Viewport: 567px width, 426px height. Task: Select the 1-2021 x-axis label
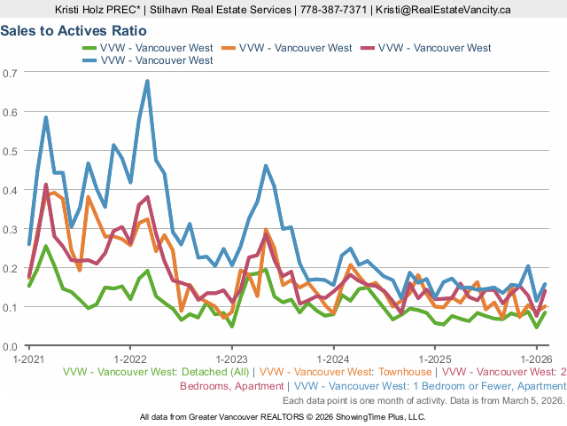coord(29,359)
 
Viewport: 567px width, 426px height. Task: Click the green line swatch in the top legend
coord(89,47)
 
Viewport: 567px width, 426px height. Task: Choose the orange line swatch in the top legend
coord(229,47)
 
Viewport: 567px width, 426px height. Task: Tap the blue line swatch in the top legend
coord(89,60)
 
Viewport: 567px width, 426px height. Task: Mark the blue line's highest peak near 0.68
coord(147,82)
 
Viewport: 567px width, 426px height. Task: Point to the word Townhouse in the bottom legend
coord(400,374)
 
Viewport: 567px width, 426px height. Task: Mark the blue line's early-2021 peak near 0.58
coord(45,117)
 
